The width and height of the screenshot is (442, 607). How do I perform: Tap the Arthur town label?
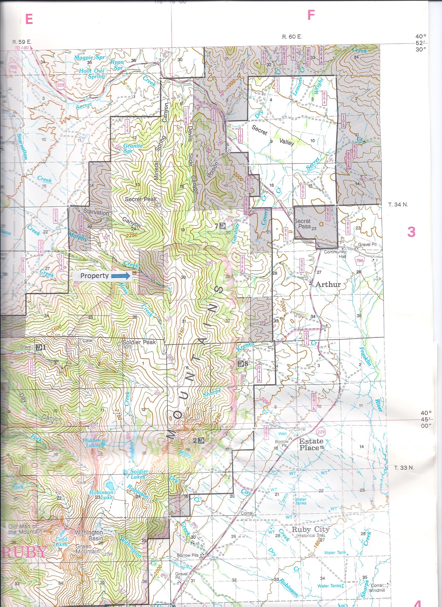(x=328, y=284)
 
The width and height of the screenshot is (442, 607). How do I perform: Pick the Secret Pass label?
(x=302, y=224)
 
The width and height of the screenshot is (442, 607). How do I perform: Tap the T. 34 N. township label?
(x=398, y=205)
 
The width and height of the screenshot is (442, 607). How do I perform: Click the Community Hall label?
(x=335, y=254)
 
